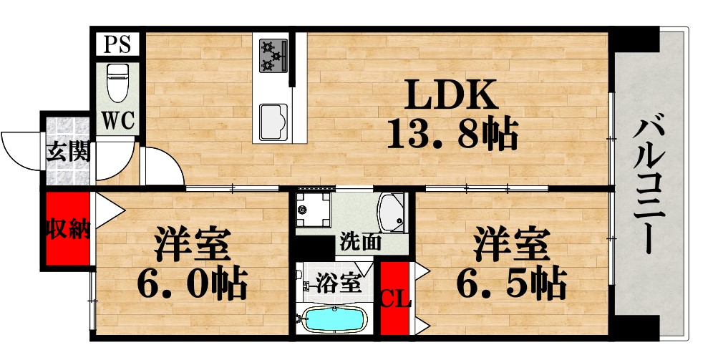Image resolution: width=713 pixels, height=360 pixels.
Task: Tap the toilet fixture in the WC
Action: [116, 82]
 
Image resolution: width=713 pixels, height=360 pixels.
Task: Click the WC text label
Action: [117, 120]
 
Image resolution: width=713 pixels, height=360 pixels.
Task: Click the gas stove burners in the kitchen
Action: [271, 56]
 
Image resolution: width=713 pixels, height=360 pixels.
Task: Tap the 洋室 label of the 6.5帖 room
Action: [510, 245]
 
